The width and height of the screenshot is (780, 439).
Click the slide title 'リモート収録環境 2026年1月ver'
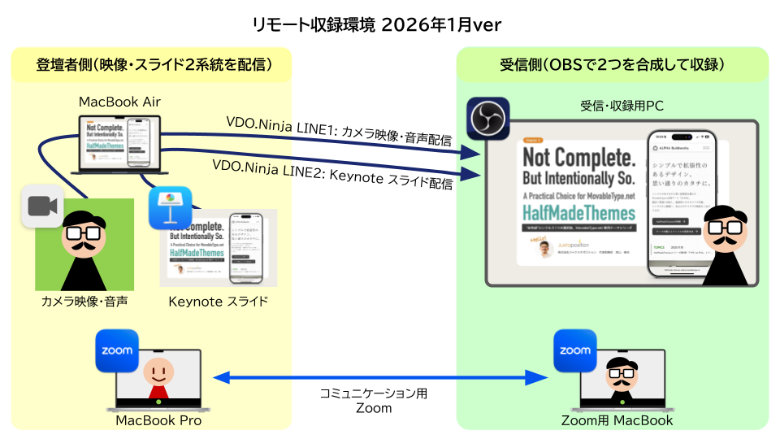tap(377, 24)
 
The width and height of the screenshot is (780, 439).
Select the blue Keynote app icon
tap(169, 210)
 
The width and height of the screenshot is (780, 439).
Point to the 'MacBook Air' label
tap(119, 102)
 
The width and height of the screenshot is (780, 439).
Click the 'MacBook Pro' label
tap(158, 420)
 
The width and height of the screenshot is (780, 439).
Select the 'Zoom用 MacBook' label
tap(617, 420)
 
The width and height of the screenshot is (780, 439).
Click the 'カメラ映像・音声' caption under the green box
tap(84, 302)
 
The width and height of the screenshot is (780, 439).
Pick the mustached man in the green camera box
tap(84, 244)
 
